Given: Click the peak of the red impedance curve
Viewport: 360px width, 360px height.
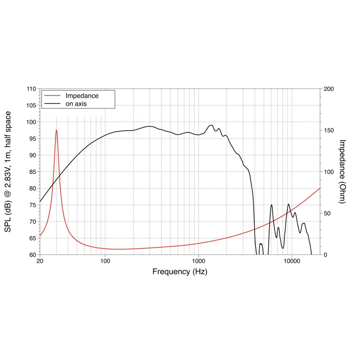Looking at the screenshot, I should (56, 130).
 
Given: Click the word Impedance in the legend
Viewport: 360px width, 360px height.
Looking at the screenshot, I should (82, 96).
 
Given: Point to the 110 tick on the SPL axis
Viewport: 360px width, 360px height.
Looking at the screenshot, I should (31, 89).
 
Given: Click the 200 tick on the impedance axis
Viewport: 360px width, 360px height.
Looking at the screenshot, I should (329, 89).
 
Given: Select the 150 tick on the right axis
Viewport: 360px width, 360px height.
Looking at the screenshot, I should (329, 130).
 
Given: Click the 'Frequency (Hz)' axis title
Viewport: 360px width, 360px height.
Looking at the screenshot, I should (180, 272).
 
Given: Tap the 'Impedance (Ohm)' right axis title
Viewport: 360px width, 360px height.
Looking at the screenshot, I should (342, 171).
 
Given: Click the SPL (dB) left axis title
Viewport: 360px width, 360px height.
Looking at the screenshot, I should (9, 171).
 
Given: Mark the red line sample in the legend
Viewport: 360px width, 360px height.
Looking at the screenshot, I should (53, 96).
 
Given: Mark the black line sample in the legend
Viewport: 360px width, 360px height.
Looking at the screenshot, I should (53, 103).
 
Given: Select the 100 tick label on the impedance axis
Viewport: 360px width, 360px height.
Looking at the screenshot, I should (329, 172).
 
